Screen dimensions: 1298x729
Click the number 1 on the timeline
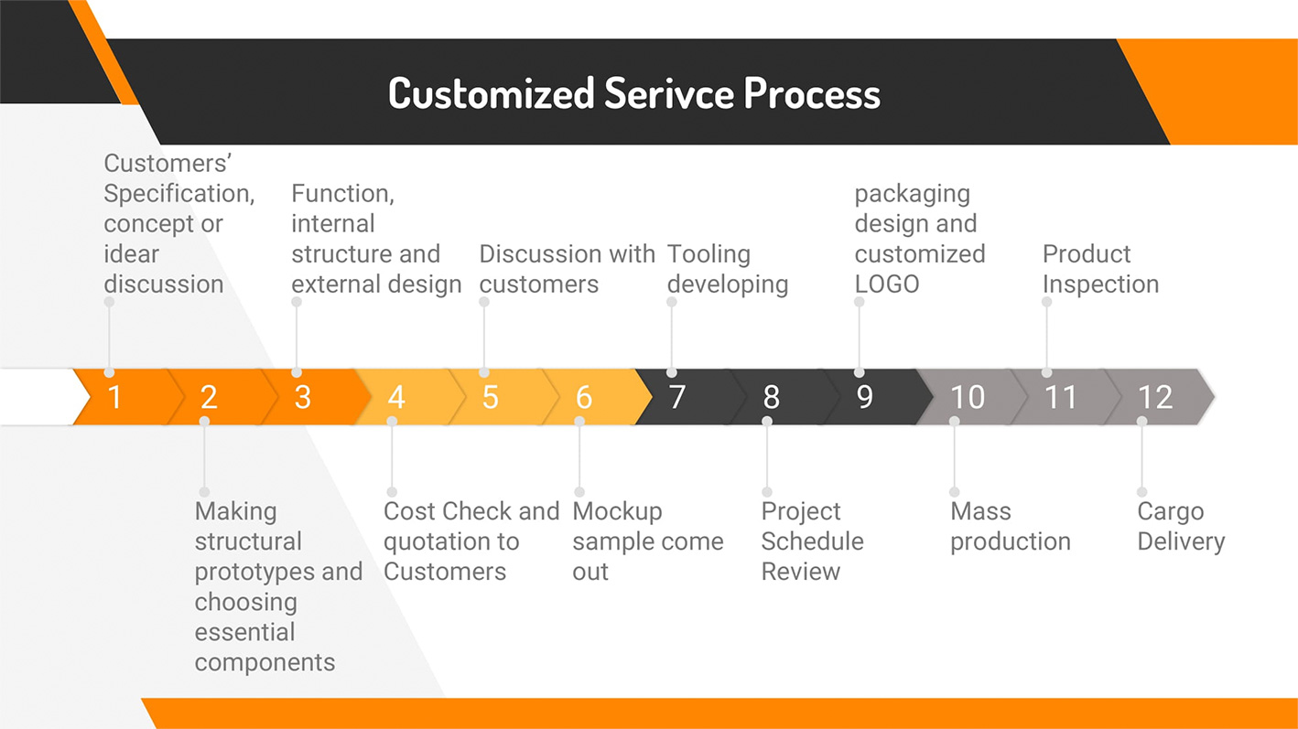click(x=114, y=397)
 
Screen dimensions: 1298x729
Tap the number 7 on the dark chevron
click(x=677, y=397)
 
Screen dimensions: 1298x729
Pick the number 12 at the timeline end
click(x=1155, y=397)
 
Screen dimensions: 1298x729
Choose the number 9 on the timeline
click(x=864, y=397)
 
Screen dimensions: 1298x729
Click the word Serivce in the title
click(x=669, y=93)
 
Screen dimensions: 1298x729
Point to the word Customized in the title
click(x=492, y=93)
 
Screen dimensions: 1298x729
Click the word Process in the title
click(x=813, y=93)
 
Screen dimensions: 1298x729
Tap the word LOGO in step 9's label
click(x=887, y=284)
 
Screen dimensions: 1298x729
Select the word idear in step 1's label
click(x=131, y=254)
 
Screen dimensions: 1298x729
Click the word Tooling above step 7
click(x=708, y=255)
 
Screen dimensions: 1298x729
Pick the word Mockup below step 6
click(x=617, y=512)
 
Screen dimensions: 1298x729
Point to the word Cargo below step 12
click(x=1171, y=512)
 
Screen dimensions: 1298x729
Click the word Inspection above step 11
click(x=1100, y=284)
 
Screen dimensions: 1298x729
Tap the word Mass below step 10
click(x=980, y=511)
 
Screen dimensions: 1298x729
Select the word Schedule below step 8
click(x=812, y=541)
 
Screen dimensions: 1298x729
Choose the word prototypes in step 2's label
click(x=254, y=572)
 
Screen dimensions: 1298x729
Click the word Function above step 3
click(x=342, y=194)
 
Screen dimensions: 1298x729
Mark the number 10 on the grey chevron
click(x=968, y=397)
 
